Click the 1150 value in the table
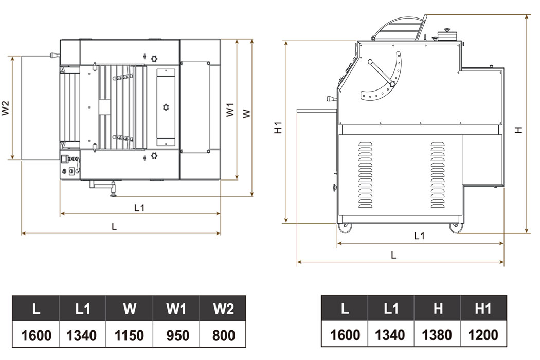pyautogui.click(x=129, y=336)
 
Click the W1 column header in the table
pyautogui.click(x=176, y=309)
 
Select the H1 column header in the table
pyautogui.click(x=483, y=309)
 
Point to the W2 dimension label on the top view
pyautogui.click(x=6, y=108)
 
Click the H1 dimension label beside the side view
pyautogui.click(x=278, y=128)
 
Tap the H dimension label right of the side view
pyautogui.click(x=519, y=130)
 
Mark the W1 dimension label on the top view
pyautogui.click(x=230, y=110)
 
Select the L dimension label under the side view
pyautogui.click(x=393, y=255)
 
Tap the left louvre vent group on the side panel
pyautogui.click(x=366, y=175)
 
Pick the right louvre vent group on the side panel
pyautogui.click(x=438, y=175)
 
